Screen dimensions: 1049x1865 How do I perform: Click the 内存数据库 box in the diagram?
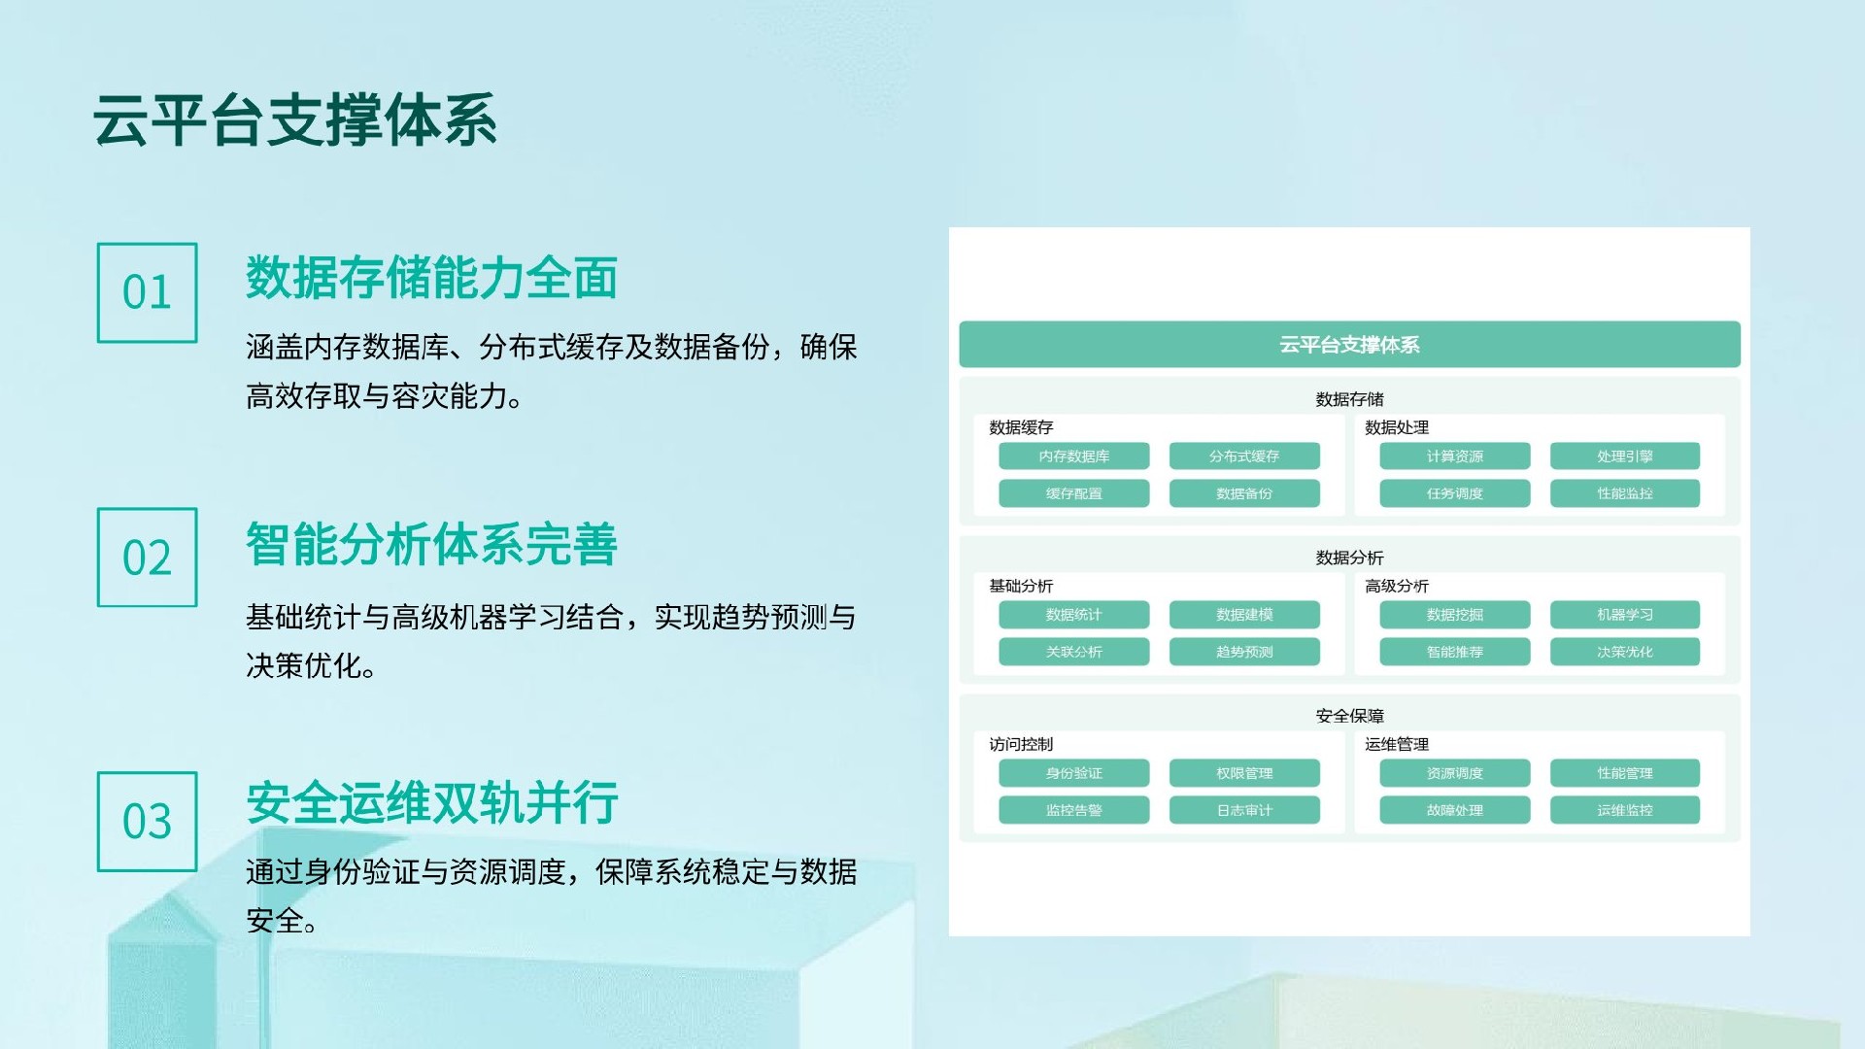click(x=1073, y=456)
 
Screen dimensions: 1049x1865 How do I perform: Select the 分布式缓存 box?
click(x=1244, y=456)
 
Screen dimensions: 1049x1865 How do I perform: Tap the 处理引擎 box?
click(x=1624, y=456)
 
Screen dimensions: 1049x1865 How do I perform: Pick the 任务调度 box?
click(x=1454, y=493)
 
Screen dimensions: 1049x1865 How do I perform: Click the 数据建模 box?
click(x=1244, y=614)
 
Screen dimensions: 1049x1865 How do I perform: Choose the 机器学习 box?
click(x=1624, y=614)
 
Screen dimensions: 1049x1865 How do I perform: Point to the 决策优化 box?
click(x=1624, y=652)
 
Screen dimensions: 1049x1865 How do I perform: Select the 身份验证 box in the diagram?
click(x=1073, y=773)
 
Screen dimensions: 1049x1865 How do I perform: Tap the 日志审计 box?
click(x=1244, y=810)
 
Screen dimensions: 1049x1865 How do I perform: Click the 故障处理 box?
click(x=1454, y=810)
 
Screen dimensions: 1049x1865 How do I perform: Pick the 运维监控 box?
click(x=1624, y=810)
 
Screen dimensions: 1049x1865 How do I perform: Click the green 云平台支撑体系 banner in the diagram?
click(x=1349, y=345)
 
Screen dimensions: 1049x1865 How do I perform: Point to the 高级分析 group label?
click(x=1396, y=586)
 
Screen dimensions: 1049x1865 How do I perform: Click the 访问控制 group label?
click(x=1020, y=744)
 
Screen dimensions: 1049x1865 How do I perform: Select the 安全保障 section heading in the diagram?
click(x=1349, y=716)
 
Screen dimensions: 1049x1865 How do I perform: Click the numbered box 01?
click(x=147, y=292)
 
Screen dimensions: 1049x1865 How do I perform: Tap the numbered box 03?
click(x=147, y=822)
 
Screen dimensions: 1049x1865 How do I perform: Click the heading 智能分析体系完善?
click(x=431, y=544)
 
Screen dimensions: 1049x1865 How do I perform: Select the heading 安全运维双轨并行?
click(x=431, y=803)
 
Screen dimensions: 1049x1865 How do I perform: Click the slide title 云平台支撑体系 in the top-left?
click(x=295, y=121)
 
